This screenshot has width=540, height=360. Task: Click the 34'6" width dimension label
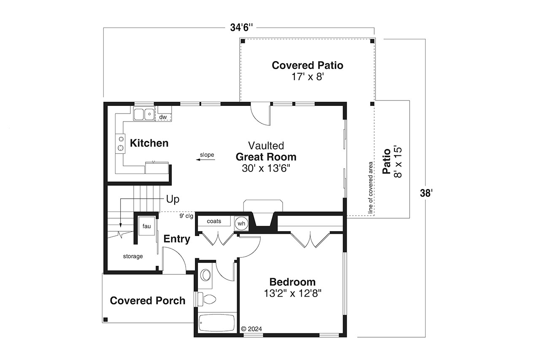click(242, 28)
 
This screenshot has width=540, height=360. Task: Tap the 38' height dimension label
click(426, 193)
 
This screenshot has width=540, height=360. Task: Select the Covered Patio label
click(307, 65)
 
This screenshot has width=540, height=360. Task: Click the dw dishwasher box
click(163, 117)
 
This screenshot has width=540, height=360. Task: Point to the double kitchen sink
click(144, 114)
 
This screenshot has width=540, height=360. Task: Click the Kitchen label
click(149, 143)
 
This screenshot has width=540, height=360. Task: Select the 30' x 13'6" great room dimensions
click(266, 168)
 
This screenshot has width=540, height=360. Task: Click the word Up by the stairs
click(173, 199)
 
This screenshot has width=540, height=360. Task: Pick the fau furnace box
click(146, 227)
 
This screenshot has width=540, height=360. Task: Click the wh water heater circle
click(241, 223)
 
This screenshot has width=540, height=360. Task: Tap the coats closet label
click(214, 221)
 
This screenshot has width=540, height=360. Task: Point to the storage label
click(133, 256)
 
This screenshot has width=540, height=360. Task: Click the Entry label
click(177, 239)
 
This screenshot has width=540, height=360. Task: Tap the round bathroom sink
click(206, 275)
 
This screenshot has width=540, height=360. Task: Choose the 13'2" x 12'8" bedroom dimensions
click(293, 293)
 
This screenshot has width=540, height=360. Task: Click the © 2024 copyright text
click(251, 329)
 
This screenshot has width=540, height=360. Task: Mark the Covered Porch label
click(147, 300)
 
